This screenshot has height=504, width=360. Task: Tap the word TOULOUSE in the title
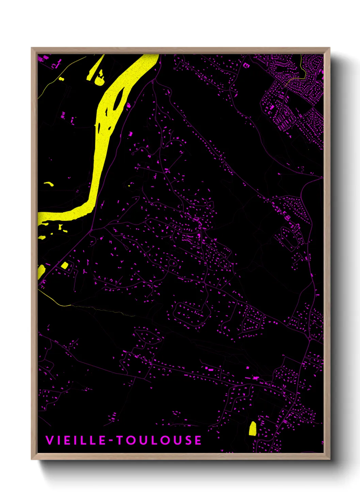(160, 440)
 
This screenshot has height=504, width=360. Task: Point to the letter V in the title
(49, 440)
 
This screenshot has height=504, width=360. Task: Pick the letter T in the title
(120, 440)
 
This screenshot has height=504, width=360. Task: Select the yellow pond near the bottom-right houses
(252, 428)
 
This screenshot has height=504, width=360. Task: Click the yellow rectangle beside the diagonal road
(64, 265)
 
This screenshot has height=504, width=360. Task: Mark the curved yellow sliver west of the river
(49, 184)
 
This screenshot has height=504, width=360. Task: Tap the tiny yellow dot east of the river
(129, 186)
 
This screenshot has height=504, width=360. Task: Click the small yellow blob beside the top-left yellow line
(61, 79)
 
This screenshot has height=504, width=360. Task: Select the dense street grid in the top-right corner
(296, 92)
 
